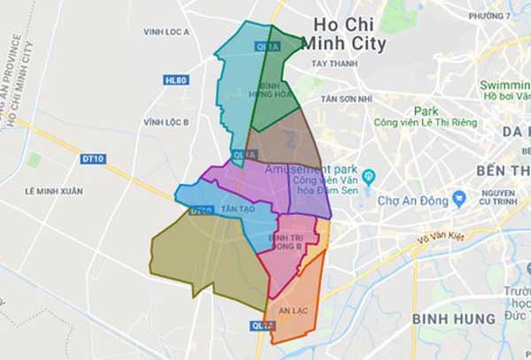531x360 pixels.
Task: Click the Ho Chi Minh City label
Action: point(345,33)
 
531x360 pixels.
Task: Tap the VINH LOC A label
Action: point(166,32)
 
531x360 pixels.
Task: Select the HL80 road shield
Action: point(175,80)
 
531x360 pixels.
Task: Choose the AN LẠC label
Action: point(292,311)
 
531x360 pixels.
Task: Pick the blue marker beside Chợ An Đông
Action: point(458,196)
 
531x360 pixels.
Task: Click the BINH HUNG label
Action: point(455,317)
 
